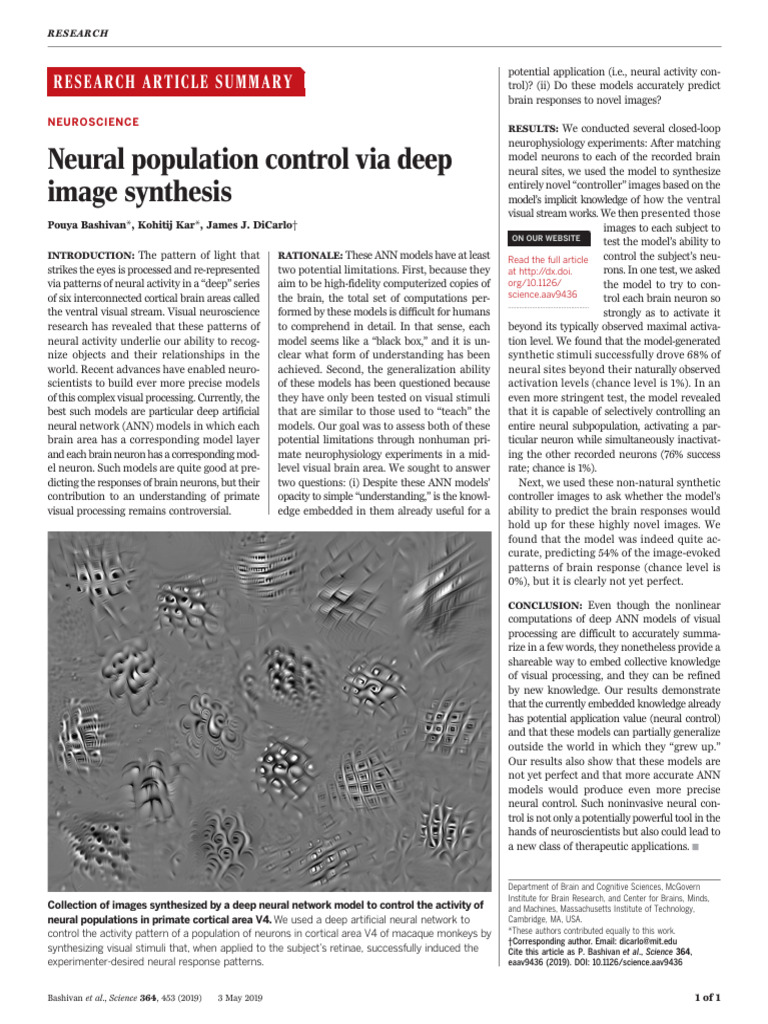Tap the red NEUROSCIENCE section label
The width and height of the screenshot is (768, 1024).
[94, 122]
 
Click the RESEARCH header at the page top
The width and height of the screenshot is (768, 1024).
[77, 34]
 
